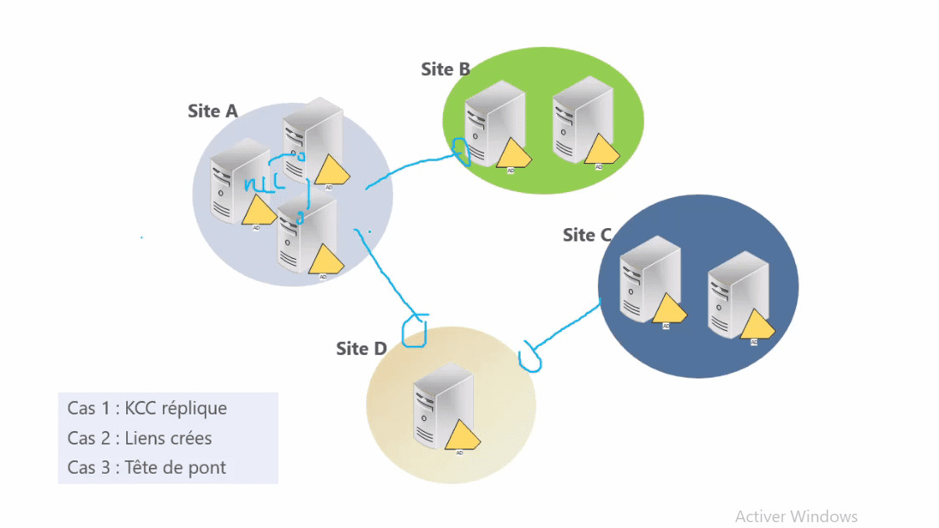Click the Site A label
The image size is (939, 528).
pyautogui.click(x=212, y=111)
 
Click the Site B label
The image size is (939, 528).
pyautogui.click(x=445, y=69)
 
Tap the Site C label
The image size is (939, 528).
pyautogui.click(x=586, y=235)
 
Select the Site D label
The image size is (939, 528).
pyautogui.click(x=361, y=348)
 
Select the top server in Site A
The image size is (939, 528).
pyautogui.click(x=313, y=139)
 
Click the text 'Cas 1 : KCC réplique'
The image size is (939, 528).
pyautogui.click(x=147, y=409)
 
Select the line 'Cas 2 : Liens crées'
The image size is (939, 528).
pyautogui.click(x=140, y=438)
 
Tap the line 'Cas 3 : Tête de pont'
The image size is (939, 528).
pyautogui.click(x=147, y=467)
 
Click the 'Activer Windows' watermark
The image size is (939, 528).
pyautogui.click(x=796, y=516)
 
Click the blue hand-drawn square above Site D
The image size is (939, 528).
pyautogui.click(x=415, y=331)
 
